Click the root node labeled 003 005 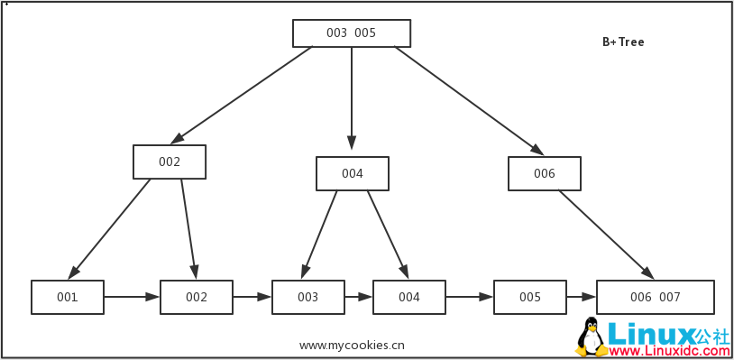352,33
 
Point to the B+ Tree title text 623,42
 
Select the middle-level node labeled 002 170,162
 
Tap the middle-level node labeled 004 353,174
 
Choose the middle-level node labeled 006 545,174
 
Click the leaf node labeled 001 68,297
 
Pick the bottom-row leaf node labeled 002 197,297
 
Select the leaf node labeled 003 308,297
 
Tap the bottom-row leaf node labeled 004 409,297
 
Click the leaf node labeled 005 530,297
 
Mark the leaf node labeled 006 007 656,297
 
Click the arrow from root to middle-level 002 242,95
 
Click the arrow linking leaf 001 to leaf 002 132,296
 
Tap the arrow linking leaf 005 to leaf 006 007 582,296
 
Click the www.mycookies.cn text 352,345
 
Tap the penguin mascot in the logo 591,337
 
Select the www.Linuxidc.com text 668,349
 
